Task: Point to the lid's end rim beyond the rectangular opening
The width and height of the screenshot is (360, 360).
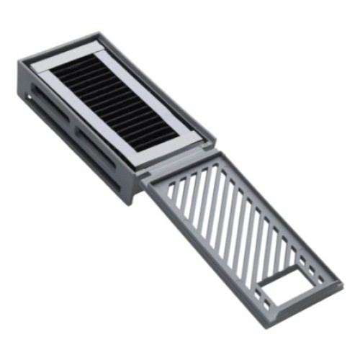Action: [x=302, y=302]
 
